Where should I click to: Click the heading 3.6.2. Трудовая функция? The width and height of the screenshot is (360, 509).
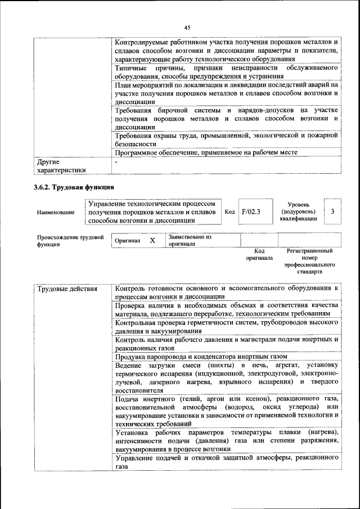(x=74, y=187)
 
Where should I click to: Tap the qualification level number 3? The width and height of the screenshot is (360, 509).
(x=333, y=211)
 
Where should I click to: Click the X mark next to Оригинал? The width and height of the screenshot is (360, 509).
(x=152, y=241)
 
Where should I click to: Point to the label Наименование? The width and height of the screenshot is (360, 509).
(x=56, y=213)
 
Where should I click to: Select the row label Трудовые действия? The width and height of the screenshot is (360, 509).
(x=67, y=289)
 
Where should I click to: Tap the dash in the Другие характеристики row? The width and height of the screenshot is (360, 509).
(x=116, y=162)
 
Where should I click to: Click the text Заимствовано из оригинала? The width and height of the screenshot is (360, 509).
(x=190, y=241)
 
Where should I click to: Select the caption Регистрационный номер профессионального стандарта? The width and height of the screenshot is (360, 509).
(x=309, y=261)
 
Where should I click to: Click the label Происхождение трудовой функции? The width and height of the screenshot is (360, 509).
(x=70, y=241)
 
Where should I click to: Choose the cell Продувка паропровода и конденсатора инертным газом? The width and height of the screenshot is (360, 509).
(x=201, y=357)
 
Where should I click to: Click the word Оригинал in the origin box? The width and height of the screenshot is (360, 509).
(x=127, y=241)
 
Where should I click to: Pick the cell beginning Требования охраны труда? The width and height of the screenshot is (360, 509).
(x=226, y=139)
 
